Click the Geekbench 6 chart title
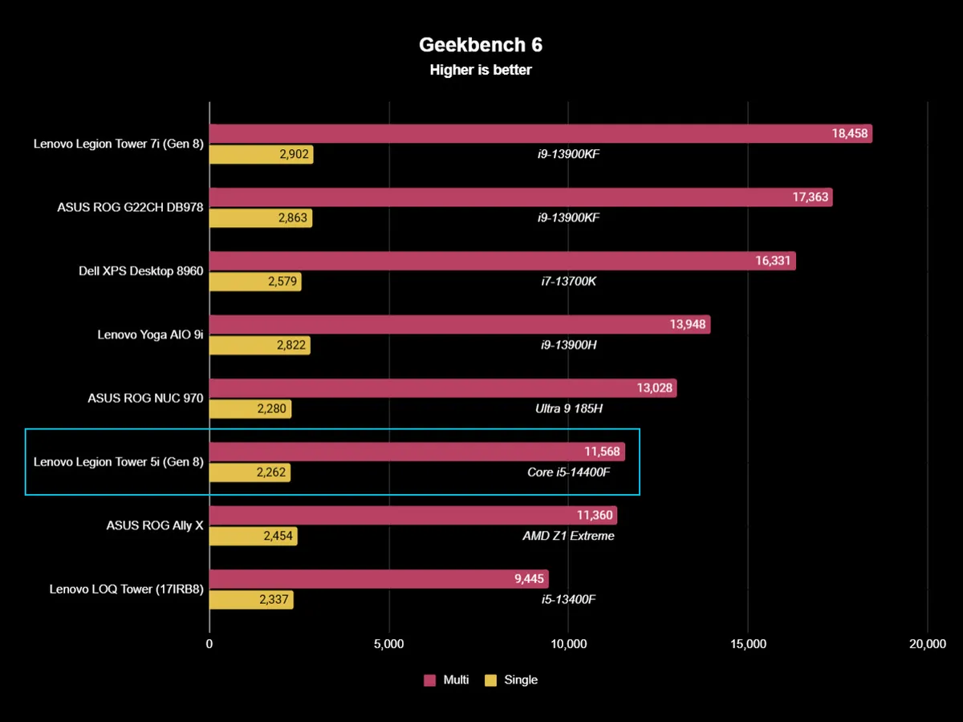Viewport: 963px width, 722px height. pyautogui.click(x=481, y=45)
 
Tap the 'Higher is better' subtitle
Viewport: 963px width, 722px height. pyautogui.click(x=481, y=70)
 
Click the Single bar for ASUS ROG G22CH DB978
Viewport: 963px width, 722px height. pyautogui.click(x=260, y=217)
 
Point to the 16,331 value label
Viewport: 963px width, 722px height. pyautogui.click(x=771, y=261)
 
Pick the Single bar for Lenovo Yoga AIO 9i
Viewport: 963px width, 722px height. pyautogui.click(x=259, y=345)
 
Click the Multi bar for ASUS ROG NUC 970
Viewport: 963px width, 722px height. pyautogui.click(x=442, y=388)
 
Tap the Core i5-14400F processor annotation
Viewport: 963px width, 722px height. pyautogui.click(x=569, y=472)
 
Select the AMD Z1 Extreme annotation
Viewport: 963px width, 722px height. pyautogui.click(x=568, y=536)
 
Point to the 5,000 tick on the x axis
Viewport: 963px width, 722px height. pyautogui.click(x=388, y=643)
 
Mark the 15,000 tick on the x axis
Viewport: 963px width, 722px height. pyautogui.click(x=748, y=643)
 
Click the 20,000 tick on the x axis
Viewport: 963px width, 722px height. pyautogui.click(x=927, y=643)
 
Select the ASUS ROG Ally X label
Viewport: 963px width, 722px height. pyautogui.click(x=155, y=525)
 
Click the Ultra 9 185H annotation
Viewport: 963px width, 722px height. pyautogui.click(x=569, y=408)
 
